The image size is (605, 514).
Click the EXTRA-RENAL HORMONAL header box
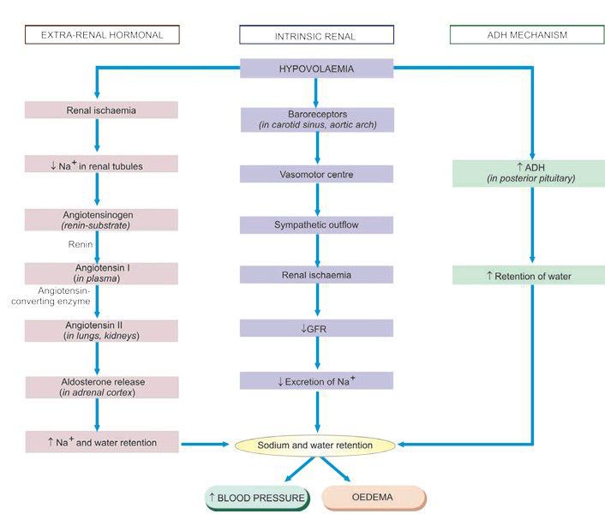[102, 35]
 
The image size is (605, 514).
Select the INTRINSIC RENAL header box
[316, 35]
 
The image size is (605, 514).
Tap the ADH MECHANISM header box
[526, 35]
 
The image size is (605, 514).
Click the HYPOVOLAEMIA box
[316, 69]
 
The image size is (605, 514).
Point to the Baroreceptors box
[316, 119]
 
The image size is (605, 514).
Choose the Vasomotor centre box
[316, 174]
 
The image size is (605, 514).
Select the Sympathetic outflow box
[316, 225]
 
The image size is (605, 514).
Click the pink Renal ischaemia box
[102, 111]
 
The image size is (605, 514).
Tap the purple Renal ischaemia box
[316, 276]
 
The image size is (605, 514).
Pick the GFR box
[316, 328]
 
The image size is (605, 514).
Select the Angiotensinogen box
[102, 219]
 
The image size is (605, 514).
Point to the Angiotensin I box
[102, 273]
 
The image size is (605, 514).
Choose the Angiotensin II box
[102, 331]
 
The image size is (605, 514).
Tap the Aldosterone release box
[102, 387]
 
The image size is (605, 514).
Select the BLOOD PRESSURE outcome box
[256, 498]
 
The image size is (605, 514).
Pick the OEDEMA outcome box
[374, 498]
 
